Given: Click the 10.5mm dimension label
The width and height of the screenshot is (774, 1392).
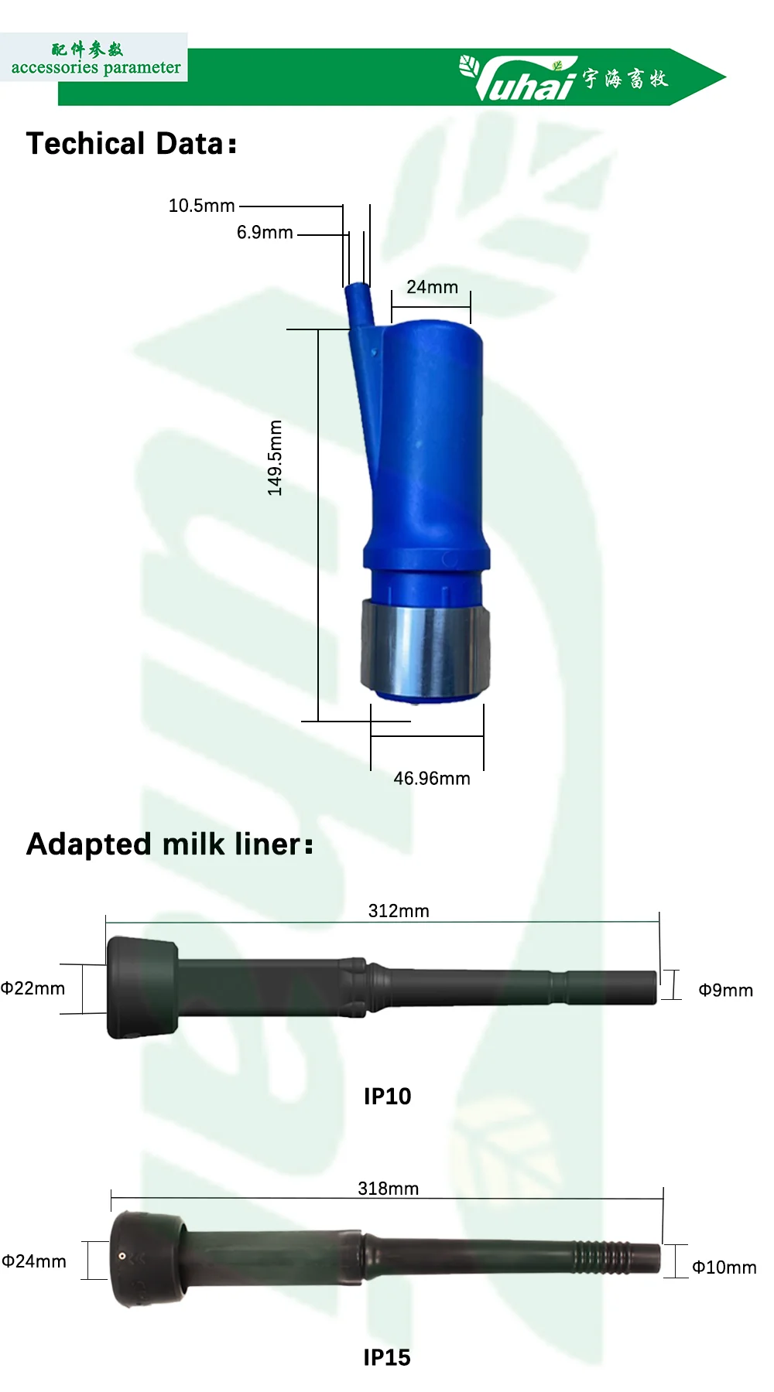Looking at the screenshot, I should point(201,206).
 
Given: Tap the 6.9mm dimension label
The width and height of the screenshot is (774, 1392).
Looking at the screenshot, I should point(265,233).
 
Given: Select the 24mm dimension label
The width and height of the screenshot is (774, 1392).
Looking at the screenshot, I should point(432,287).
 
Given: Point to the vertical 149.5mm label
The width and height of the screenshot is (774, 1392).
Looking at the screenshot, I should point(275,458).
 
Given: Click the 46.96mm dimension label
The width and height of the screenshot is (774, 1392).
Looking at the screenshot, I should point(432,779).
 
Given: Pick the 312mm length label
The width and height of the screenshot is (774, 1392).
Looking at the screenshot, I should point(399,911).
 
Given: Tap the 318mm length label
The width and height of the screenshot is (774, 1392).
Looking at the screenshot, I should point(388,1189).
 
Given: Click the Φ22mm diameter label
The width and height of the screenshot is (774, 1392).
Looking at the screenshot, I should point(33,988).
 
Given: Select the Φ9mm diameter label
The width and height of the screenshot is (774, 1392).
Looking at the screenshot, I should point(725,991).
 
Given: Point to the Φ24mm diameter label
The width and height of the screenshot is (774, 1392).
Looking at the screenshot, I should point(34,1261).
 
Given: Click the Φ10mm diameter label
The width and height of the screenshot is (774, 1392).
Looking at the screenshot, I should point(724,1267).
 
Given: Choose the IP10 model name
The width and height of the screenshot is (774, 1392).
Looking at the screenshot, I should point(387,1097).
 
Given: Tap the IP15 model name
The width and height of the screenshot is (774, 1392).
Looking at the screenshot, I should point(387,1358).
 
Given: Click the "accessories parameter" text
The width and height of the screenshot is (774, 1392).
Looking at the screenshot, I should point(95,67).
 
